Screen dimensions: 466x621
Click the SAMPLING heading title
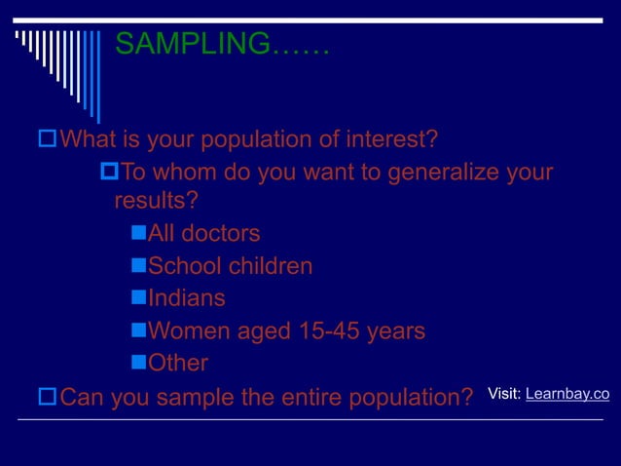[x=222, y=44]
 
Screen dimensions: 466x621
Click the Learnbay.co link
[x=566, y=394]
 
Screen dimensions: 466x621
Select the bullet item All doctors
[x=203, y=234]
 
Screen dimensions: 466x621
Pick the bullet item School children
[x=230, y=266]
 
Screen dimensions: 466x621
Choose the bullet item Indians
[x=186, y=298]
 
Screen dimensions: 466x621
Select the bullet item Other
[x=177, y=364]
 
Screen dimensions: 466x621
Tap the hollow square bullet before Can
[x=46, y=396]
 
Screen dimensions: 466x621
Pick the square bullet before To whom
[x=109, y=173]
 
